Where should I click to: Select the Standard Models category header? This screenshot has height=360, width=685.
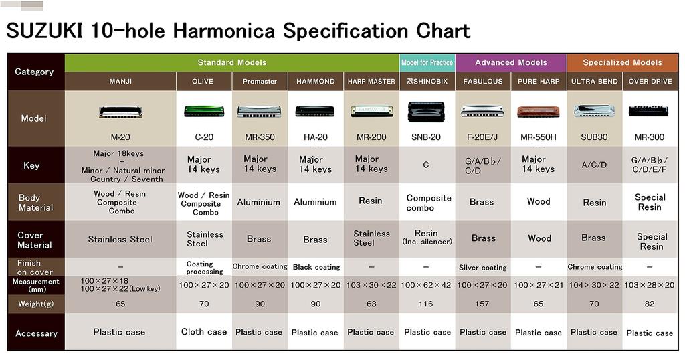(x=231, y=63)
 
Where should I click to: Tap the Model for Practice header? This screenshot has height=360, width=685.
(x=427, y=63)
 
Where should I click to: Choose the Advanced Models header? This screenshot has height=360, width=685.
(x=510, y=63)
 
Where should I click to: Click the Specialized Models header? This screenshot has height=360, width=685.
(x=622, y=63)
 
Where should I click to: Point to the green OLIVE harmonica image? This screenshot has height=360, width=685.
(x=204, y=111)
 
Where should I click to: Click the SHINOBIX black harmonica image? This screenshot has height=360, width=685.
(x=426, y=112)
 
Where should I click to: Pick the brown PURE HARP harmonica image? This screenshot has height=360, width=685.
(x=538, y=112)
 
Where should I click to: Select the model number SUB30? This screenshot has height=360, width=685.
(x=594, y=137)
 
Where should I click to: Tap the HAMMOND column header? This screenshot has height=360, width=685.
(x=315, y=82)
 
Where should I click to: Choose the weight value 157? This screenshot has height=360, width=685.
(x=482, y=304)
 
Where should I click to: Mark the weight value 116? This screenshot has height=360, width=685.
(x=426, y=304)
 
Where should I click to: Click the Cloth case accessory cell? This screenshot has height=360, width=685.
(x=204, y=332)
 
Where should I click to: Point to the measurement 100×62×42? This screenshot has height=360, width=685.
(x=426, y=285)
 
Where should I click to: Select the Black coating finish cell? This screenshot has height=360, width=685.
(x=316, y=267)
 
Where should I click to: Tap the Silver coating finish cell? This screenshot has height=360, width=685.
(x=482, y=268)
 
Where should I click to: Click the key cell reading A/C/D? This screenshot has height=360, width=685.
(x=593, y=165)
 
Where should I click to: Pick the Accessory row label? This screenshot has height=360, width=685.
(x=36, y=333)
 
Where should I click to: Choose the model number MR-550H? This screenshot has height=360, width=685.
(x=538, y=137)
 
